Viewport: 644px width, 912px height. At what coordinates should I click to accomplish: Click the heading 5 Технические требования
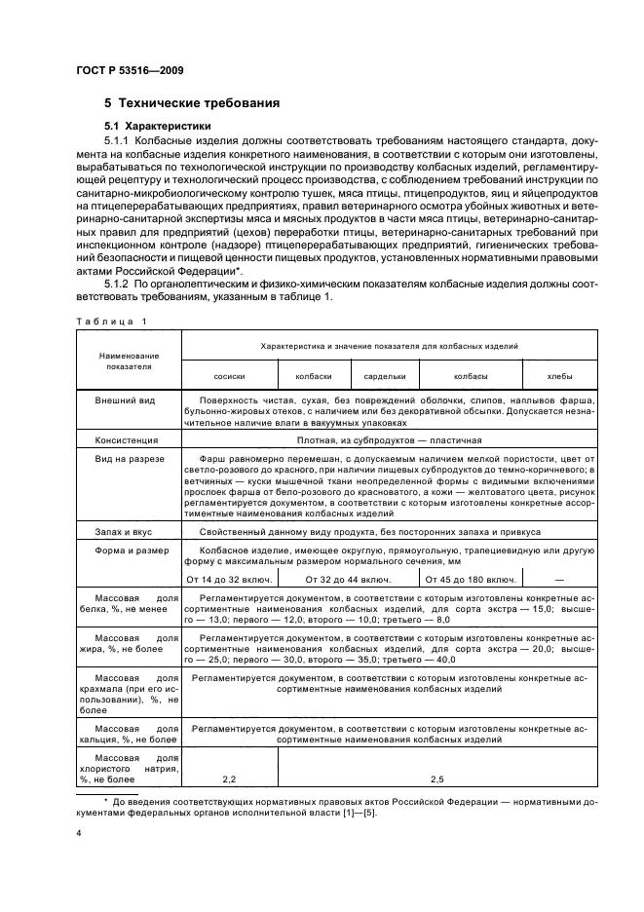click(x=193, y=102)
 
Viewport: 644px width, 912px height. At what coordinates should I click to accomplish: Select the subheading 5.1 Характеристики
click(x=159, y=127)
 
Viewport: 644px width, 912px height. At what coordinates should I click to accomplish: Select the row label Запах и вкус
click(x=122, y=532)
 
